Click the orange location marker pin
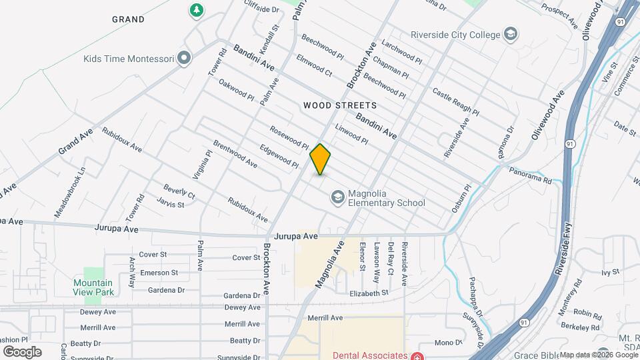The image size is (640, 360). click(321, 159)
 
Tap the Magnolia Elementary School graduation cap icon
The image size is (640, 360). click(337, 197)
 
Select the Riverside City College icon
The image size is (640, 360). click(511, 34)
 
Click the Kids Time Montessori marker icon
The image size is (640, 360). click(185, 59)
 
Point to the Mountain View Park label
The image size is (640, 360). click(93, 287)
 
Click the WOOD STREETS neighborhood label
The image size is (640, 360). click(340, 105)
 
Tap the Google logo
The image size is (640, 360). click(22, 351)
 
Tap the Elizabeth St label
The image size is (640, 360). click(369, 293)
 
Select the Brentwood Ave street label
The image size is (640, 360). click(235, 153)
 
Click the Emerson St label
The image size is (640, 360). click(158, 273)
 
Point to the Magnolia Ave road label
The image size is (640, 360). click(329, 265)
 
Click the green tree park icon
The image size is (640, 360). click(197, 10)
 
